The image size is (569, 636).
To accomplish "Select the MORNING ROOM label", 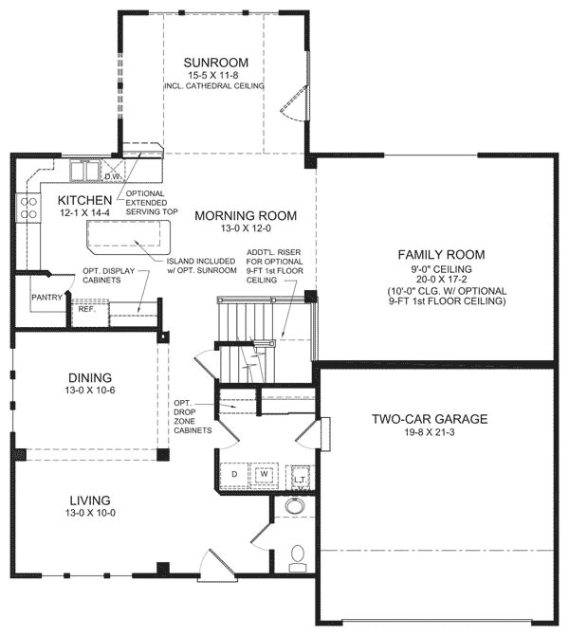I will (246, 216).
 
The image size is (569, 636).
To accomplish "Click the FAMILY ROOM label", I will (441, 254).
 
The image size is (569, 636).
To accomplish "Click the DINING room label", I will (90, 376).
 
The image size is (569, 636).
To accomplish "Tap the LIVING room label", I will (90, 500).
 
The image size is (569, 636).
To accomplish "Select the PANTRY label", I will (46, 298).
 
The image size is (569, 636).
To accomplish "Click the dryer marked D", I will (233, 472).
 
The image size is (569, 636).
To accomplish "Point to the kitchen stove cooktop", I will (28, 208).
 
